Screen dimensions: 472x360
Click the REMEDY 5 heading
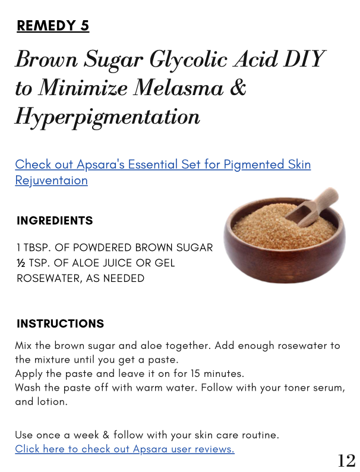click(53, 26)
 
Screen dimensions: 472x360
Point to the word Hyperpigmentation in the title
click(107, 117)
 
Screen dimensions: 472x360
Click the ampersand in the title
click(237, 88)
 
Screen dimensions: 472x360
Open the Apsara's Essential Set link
click(163, 164)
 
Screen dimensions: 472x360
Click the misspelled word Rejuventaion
click(51, 180)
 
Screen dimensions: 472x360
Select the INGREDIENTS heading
click(55, 221)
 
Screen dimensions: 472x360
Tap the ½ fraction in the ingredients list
click(21, 263)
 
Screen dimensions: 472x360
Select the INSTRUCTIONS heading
click(60, 324)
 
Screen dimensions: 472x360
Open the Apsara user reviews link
click(124, 449)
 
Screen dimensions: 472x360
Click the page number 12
click(346, 460)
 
